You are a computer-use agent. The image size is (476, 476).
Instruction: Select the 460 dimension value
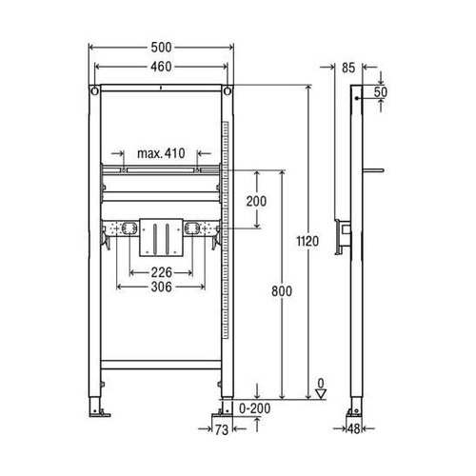(x=161, y=67)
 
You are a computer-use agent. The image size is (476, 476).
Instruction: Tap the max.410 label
(x=160, y=153)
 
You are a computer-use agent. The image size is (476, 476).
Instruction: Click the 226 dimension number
(x=159, y=272)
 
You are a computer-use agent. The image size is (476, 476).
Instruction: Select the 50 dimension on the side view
(x=380, y=91)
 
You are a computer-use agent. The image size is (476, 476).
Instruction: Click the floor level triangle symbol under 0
(x=321, y=390)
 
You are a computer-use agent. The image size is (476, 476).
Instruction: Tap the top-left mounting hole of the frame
(x=96, y=92)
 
